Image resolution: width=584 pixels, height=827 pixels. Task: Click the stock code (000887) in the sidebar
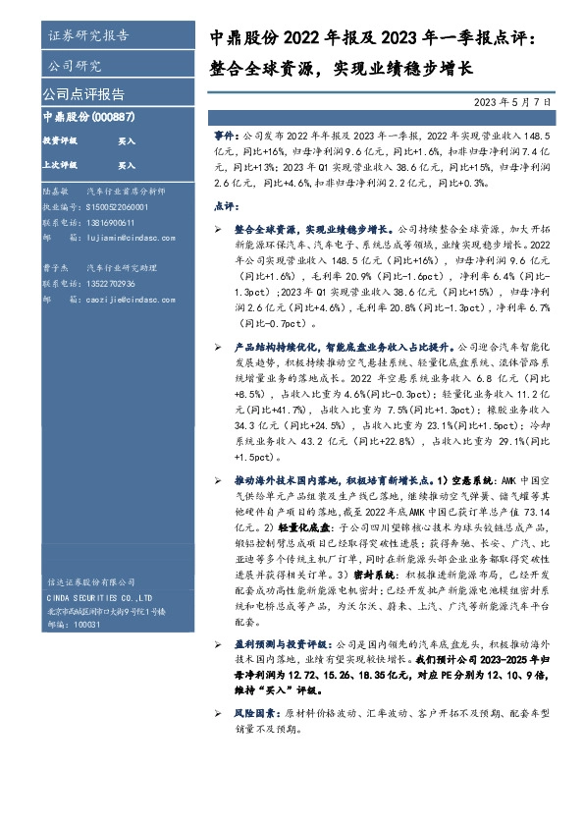[x=115, y=116]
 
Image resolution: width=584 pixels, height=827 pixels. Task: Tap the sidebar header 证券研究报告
[x=87, y=36]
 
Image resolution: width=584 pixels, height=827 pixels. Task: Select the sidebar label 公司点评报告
[x=83, y=94]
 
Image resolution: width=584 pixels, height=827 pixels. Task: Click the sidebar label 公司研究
[x=75, y=66]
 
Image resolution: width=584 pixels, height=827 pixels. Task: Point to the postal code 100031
[x=86, y=625]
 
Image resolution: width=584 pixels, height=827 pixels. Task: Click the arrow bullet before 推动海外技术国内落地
[x=217, y=478]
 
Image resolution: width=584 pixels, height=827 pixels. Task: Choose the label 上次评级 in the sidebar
[x=61, y=166]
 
